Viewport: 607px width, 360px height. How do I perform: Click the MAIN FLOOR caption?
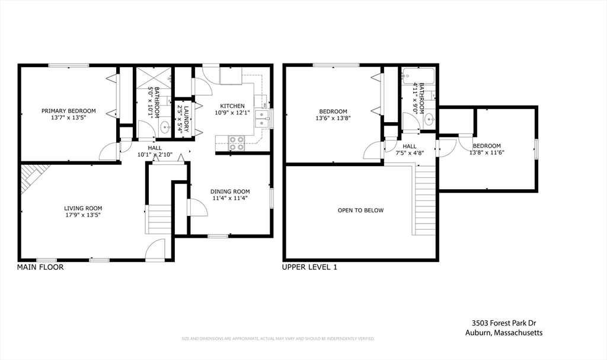pos(40,267)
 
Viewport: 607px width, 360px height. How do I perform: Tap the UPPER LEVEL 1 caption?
pos(309,267)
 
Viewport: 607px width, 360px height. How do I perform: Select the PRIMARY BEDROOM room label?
pos(68,111)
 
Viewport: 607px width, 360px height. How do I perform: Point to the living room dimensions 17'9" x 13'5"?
pos(83,215)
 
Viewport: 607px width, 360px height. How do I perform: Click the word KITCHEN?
pos(228,106)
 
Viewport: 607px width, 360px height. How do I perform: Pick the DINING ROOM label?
pos(230,192)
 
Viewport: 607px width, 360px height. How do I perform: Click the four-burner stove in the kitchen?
pos(237,142)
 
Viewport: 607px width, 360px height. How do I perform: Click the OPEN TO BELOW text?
pos(360,211)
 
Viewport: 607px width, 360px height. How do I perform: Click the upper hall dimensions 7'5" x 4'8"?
pos(410,153)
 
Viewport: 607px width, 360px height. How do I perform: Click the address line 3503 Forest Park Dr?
pos(503,323)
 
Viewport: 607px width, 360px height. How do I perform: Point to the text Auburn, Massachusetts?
pos(503,333)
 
